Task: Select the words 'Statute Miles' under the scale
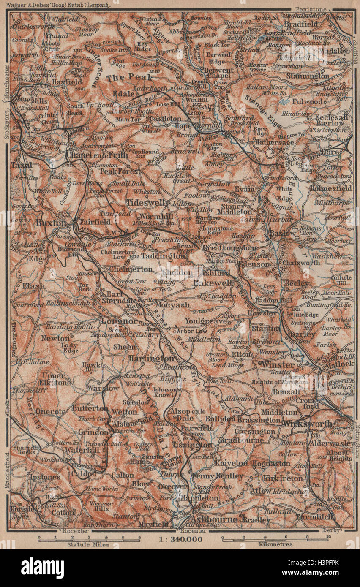(88, 544)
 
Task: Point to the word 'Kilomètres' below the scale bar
(276, 544)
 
